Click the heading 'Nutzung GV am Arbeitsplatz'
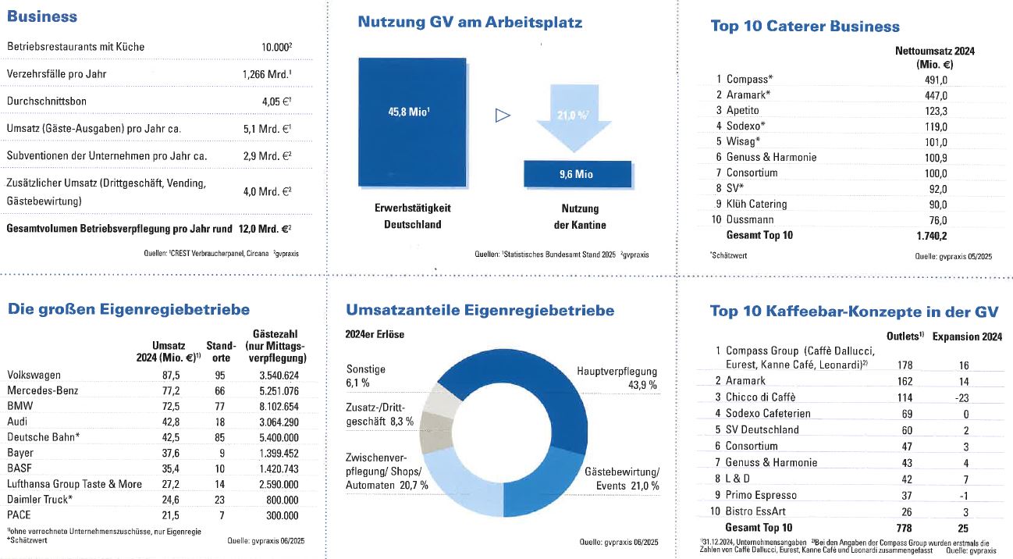(x=469, y=23)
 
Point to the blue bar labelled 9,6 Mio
(x=577, y=174)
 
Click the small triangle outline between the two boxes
(x=503, y=116)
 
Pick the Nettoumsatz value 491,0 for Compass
(x=935, y=79)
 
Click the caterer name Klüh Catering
(x=756, y=204)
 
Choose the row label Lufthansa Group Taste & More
(x=74, y=484)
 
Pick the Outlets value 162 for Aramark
(x=905, y=381)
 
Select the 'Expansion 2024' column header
(x=967, y=337)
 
